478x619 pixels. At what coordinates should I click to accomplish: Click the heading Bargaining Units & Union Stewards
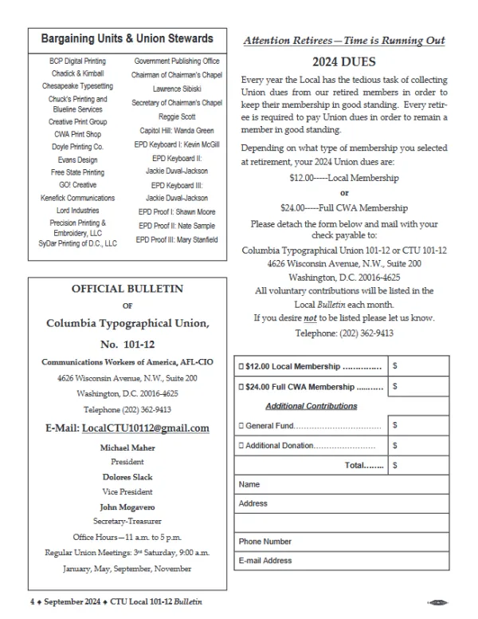coord(127,38)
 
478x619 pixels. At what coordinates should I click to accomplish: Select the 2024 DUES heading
coord(344,61)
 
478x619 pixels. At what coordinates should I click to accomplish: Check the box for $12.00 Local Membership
coord(241,367)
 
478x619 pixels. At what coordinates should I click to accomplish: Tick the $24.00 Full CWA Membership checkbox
coord(241,387)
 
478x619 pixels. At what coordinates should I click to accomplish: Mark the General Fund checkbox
coord(241,426)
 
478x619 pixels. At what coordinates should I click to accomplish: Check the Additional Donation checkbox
coord(241,445)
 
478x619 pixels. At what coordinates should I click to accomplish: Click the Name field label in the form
coord(249,484)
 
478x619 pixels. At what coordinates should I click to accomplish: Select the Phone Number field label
coord(265,542)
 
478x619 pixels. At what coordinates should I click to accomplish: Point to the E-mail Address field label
coord(265,561)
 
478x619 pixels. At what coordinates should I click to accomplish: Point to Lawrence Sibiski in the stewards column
coord(178,89)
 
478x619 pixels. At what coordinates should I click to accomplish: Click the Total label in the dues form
coord(363,464)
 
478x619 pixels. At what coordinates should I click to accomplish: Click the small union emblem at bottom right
coord(438,602)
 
